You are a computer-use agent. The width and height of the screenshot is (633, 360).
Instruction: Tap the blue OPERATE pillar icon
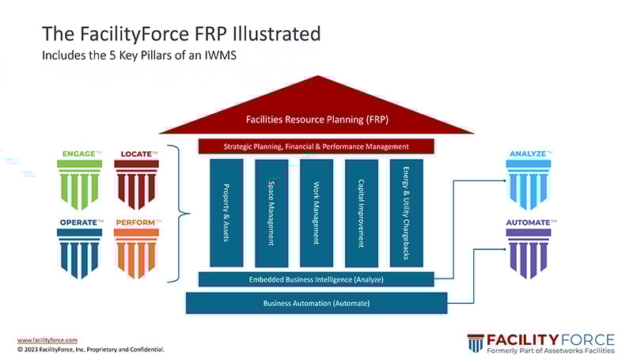[x=79, y=253]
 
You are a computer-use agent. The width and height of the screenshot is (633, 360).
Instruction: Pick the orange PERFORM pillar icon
[x=136, y=253]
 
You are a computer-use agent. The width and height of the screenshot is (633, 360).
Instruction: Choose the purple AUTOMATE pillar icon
[x=529, y=253]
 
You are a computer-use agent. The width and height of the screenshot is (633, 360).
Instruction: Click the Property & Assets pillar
[x=226, y=213]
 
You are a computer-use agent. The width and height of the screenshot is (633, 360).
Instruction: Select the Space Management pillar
[x=271, y=213]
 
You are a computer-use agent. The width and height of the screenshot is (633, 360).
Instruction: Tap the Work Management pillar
[x=316, y=213]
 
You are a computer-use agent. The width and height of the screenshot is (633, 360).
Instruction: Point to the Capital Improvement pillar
[x=362, y=213]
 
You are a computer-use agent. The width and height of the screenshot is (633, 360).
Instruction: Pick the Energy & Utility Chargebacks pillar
[x=407, y=213]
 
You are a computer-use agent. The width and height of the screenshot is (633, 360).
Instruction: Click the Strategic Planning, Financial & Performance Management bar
[x=316, y=146]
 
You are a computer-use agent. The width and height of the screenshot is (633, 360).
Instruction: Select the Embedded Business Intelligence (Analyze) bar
[x=316, y=279]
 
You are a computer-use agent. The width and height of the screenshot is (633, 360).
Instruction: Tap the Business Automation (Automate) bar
[x=316, y=303]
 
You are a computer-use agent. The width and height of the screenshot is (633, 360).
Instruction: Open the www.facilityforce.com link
[x=47, y=339]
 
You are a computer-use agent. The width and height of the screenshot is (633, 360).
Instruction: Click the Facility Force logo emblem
[x=475, y=343]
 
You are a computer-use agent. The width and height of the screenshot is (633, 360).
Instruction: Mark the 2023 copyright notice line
[x=91, y=348]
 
